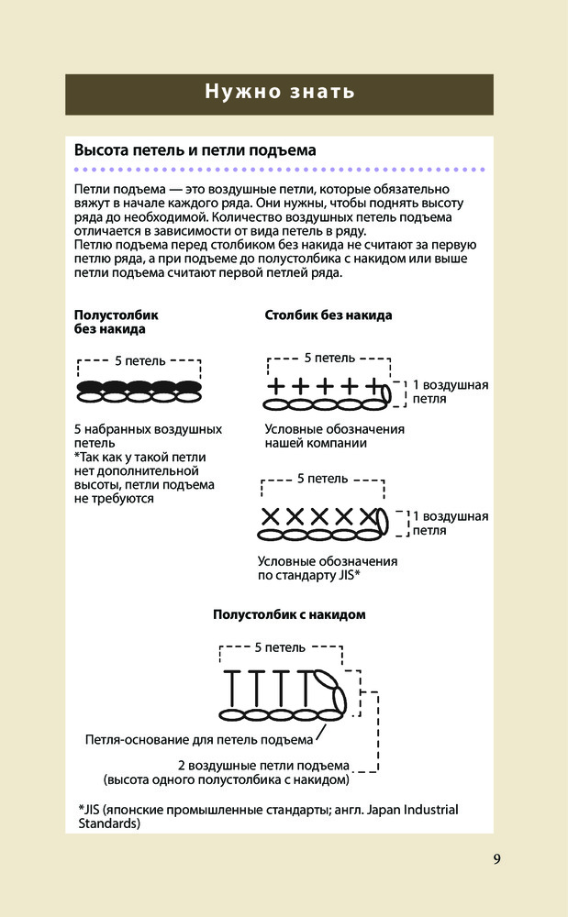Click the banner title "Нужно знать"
click(x=279, y=92)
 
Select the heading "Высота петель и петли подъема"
click(x=195, y=150)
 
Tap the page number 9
click(x=496, y=859)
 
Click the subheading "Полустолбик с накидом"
click(x=289, y=614)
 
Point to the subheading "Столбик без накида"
click(x=329, y=315)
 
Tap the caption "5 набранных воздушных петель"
click(x=147, y=436)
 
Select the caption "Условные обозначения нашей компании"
click(x=334, y=436)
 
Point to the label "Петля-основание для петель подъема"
click(x=199, y=739)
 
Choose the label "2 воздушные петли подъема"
click(x=264, y=766)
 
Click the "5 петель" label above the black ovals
click(x=140, y=360)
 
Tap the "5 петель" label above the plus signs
click(x=329, y=357)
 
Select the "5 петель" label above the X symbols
click(x=322, y=479)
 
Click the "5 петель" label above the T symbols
click(x=280, y=647)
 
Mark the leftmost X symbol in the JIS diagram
click(x=272, y=515)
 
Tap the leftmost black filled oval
click(x=90, y=387)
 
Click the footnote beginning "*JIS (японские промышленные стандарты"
click(x=268, y=816)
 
